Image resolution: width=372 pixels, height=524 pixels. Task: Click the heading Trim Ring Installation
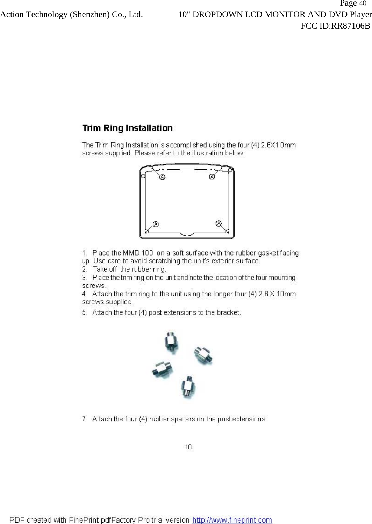127,128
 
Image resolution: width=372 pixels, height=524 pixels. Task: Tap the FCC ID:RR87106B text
335,26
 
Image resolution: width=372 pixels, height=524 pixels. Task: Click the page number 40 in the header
362,4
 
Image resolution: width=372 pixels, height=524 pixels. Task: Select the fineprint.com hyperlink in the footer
232,520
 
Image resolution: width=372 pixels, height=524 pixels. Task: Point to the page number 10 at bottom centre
188,447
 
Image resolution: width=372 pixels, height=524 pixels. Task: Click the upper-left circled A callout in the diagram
162,177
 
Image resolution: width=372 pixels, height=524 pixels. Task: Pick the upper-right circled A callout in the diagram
212,177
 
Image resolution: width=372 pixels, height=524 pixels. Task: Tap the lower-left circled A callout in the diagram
156,224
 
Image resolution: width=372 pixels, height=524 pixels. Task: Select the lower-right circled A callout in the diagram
219,223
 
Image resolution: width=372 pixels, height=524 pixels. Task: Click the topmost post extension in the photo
171,342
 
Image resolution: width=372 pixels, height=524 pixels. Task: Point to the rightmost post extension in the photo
203,355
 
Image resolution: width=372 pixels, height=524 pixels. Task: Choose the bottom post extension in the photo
188,386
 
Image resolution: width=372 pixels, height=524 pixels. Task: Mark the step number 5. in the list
85,312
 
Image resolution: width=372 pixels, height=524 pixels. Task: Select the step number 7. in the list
85,419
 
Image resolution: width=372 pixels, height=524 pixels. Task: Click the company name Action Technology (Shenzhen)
55,15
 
